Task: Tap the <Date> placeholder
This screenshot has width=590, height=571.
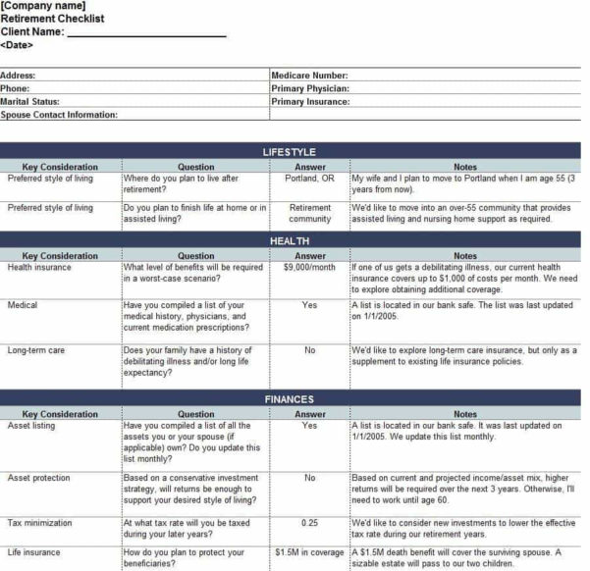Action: click(x=17, y=44)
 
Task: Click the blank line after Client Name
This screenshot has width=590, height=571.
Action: click(x=146, y=31)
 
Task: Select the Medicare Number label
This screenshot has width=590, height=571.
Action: click(x=309, y=75)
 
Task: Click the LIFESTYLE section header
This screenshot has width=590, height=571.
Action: click(x=290, y=152)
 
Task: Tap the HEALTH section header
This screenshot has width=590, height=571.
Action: click(x=290, y=240)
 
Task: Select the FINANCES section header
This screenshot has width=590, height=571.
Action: click(x=290, y=399)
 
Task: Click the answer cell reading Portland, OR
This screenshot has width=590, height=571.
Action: click(x=310, y=179)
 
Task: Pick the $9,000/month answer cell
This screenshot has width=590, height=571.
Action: click(x=310, y=267)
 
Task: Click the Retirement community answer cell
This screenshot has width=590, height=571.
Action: click(x=310, y=213)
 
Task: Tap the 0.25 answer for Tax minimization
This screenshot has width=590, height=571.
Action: click(x=310, y=523)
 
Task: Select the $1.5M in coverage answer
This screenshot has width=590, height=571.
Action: click(x=310, y=552)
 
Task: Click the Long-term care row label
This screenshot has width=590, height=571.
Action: click(x=38, y=349)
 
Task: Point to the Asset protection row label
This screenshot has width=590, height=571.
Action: click(x=39, y=478)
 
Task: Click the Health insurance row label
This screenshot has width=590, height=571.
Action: click(x=40, y=267)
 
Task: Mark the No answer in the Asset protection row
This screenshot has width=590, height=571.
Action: click(x=310, y=478)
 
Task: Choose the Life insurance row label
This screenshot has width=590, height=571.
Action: click(x=34, y=552)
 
